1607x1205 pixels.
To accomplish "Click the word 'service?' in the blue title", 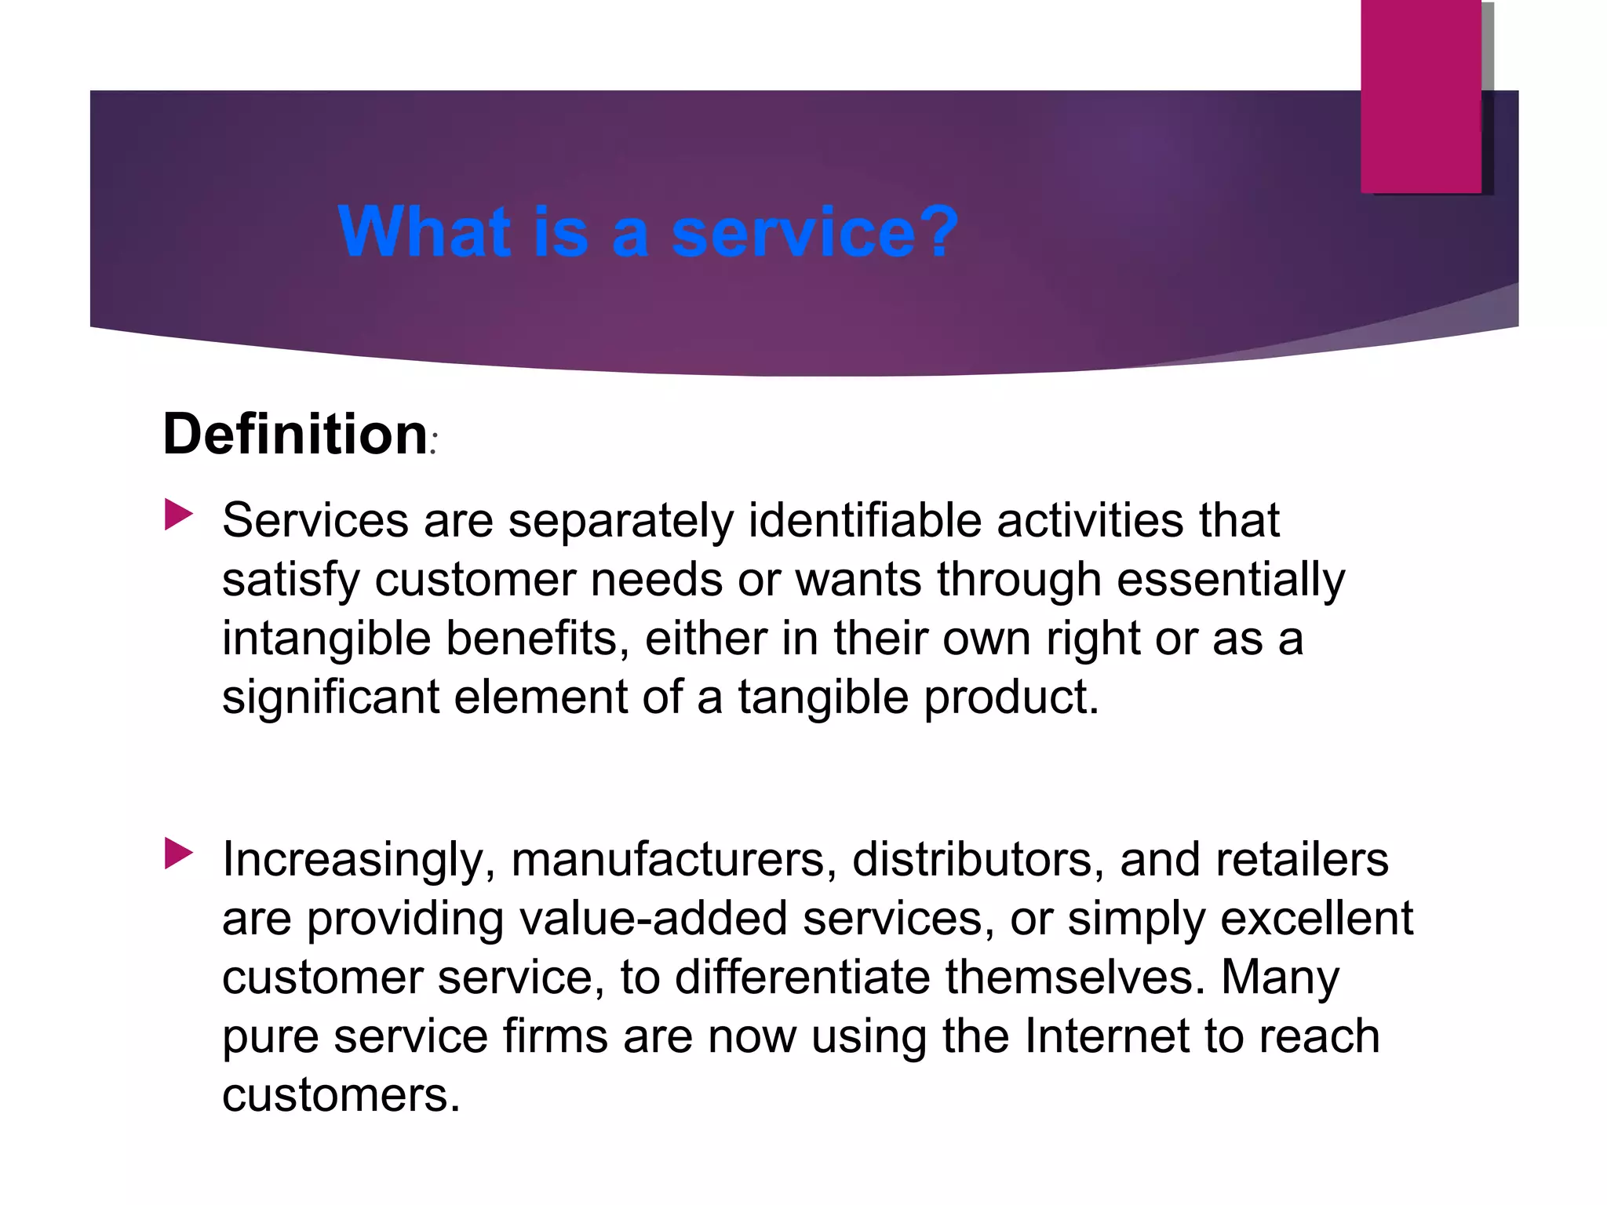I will pyautogui.click(x=814, y=232).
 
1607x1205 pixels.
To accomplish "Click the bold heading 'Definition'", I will pyautogui.click(x=295, y=434).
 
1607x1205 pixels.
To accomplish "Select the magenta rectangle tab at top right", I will pyautogui.click(x=1420, y=96).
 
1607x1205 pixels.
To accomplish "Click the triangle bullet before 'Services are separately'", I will pyautogui.click(x=179, y=515).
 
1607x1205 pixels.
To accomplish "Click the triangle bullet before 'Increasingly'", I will pyautogui.click(x=179, y=854).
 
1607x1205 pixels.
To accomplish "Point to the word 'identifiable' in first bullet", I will pyautogui.click(x=865, y=520).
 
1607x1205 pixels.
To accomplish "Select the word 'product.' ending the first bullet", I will pyautogui.click(x=1011, y=697).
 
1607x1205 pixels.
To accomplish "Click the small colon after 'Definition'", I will pyautogui.click(x=433, y=446).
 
